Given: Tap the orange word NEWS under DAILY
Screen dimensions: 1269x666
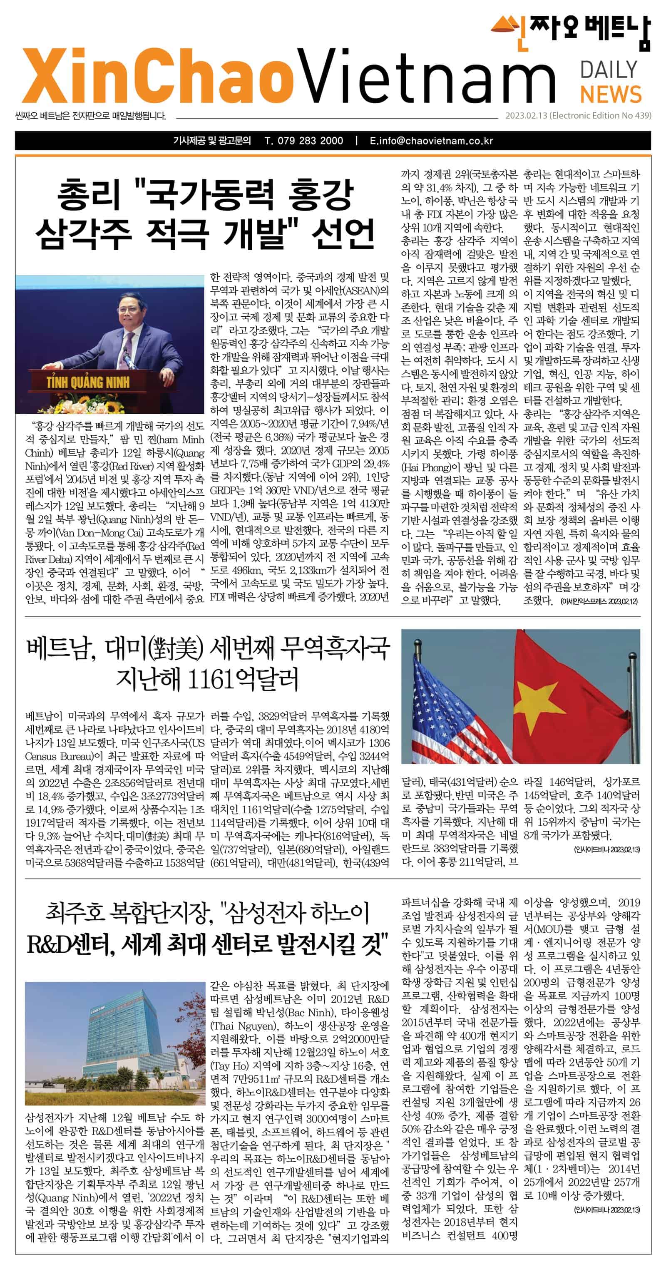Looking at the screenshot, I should click(610, 94).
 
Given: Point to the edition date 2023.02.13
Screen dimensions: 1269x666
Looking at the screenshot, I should click(526, 116).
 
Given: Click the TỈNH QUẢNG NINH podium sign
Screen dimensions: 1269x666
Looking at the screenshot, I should click(88, 382).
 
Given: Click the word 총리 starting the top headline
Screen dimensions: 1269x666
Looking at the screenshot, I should click(88, 195).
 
